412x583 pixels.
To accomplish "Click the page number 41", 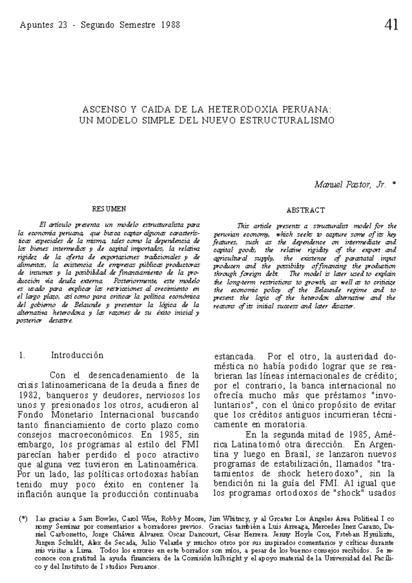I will pyautogui.click(x=391, y=25).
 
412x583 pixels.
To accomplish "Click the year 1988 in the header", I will pyautogui.click(x=170, y=25).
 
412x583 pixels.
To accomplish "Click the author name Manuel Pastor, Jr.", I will pyautogui.click(x=350, y=185).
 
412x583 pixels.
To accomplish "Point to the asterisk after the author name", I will pyautogui.click(x=394, y=185).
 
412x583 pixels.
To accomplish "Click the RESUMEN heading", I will pyautogui.click(x=108, y=209).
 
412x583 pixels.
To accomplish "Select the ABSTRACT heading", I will pyautogui.click(x=306, y=210).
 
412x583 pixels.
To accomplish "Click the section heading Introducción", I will pyautogui.click(x=77, y=355).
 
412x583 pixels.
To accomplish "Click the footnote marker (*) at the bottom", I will pyautogui.click(x=23, y=519).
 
